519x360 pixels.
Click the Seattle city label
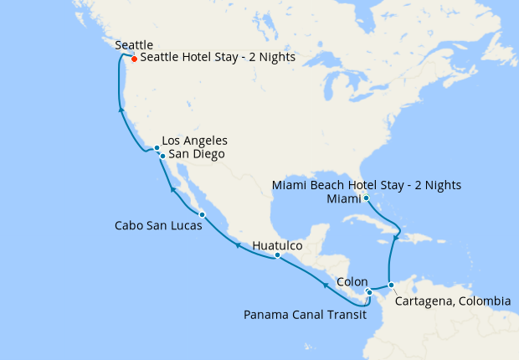click(x=134, y=45)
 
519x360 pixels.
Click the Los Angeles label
click(x=194, y=141)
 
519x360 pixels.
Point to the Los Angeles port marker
click(x=157, y=148)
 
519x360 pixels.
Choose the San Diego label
click(x=196, y=154)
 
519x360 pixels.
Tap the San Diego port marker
click(x=162, y=156)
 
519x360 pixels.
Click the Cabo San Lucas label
click(x=158, y=226)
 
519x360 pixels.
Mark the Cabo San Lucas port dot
click(x=202, y=215)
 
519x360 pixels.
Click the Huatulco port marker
click(x=277, y=255)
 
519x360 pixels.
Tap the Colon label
click(x=352, y=283)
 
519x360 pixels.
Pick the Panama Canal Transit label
click(x=304, y=315)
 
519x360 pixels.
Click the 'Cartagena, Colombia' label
click(x=452, y=301)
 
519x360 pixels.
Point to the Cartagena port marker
click(x=391, y=285)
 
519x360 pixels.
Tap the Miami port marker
click(x=366, y=198)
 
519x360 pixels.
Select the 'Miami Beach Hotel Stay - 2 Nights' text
click(x=367, y=185)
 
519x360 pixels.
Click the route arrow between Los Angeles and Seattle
click(x=121, y=109)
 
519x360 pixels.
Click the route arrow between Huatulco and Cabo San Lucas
click(x=237, y=245)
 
